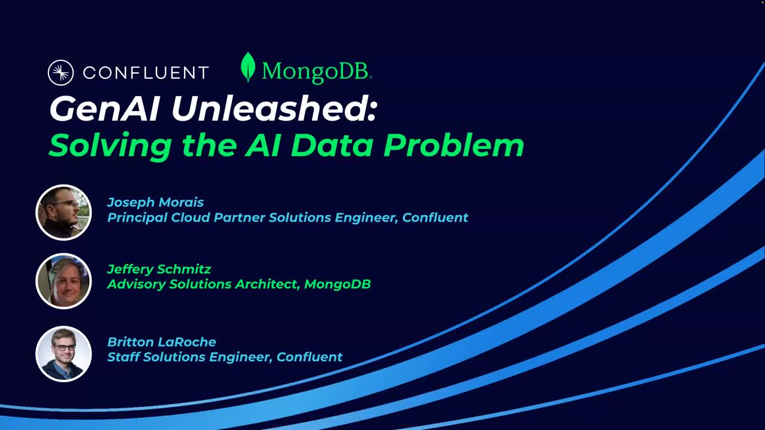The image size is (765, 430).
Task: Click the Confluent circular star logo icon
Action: coord(60,73)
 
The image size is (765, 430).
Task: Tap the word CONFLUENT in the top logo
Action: coord(145,73)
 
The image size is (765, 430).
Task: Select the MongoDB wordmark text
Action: coord(316,72)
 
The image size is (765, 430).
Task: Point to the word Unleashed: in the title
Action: coord(274,109)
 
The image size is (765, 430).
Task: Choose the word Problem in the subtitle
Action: coord(454,145)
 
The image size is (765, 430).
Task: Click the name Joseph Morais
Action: coord(155,202)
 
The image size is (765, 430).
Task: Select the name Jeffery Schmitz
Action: coord(159,269)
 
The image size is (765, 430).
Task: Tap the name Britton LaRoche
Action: coord(161,342)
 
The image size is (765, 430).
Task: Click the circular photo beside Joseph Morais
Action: coord(63,212)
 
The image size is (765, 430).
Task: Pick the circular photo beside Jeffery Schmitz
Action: coord(63,281)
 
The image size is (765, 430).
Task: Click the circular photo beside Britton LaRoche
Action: coord(63,354)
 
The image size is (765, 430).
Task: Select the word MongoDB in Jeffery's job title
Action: coord(337,284)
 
